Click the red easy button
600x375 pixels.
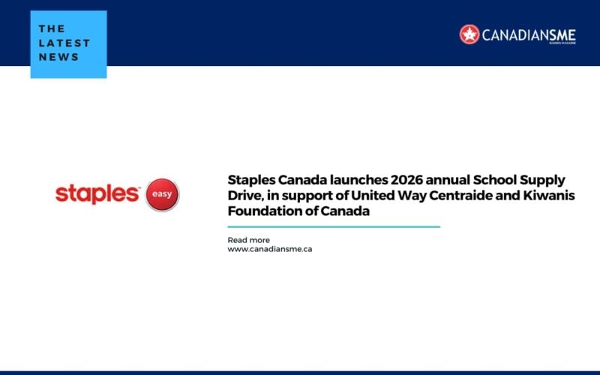click(x=162, y=194)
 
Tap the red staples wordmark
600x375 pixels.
click(x=97, y=194)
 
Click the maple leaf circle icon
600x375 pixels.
click(x=469, y=34)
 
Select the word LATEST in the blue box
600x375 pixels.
click(x=64, y=43)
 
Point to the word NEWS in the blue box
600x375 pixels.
click(x=58, y=57)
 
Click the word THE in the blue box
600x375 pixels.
click(x=52, y=28)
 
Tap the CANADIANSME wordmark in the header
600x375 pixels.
click(x=529, y=35)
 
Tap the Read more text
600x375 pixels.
click(x=249, y=240)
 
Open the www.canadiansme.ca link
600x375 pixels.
click(x=270, y=249)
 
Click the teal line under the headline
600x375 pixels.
click(x=334, y=227)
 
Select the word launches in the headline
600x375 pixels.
click(x=358, y=179)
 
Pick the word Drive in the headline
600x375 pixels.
click(x=246, y=196)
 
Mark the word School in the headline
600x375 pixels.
click(x=494, y=179)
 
